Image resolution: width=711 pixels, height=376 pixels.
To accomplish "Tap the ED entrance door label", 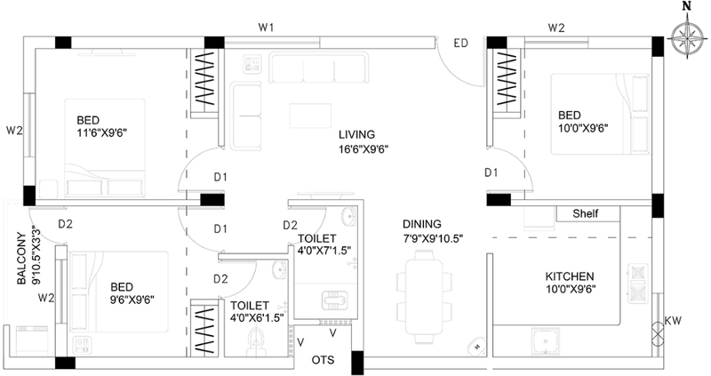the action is coord(460,44).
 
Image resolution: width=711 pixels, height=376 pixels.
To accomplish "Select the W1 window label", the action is coord(266,28).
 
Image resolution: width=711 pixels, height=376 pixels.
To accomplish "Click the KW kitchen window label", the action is coord(673,321).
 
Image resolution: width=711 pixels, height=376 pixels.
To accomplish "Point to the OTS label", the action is coord(323,360).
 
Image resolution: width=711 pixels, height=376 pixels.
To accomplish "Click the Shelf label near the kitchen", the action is coord(586,213).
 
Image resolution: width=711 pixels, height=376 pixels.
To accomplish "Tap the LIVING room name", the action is coord(357,135).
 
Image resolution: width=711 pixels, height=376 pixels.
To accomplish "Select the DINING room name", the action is coord(421,224).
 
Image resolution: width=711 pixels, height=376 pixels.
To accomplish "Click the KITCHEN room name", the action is coord(570,276).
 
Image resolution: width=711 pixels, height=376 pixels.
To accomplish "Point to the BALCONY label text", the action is coord(21,259).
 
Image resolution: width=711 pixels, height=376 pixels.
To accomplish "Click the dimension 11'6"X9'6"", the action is coord(101,132).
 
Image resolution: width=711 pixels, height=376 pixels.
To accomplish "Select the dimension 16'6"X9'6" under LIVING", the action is coord(363,149).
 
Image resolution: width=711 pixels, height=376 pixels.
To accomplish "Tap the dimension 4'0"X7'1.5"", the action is coord(324,250).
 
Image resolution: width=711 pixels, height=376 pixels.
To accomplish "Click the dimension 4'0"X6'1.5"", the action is coord(257,317).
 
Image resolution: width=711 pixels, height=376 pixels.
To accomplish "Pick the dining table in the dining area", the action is coord(424,297).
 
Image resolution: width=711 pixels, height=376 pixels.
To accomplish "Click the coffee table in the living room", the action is coord(310,116).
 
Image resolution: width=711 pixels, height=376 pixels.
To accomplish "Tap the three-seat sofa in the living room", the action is coord(318,68).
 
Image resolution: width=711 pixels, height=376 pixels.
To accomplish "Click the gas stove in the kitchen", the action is coord(637,284).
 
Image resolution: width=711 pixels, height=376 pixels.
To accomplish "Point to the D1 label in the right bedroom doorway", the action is coord(491,172).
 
